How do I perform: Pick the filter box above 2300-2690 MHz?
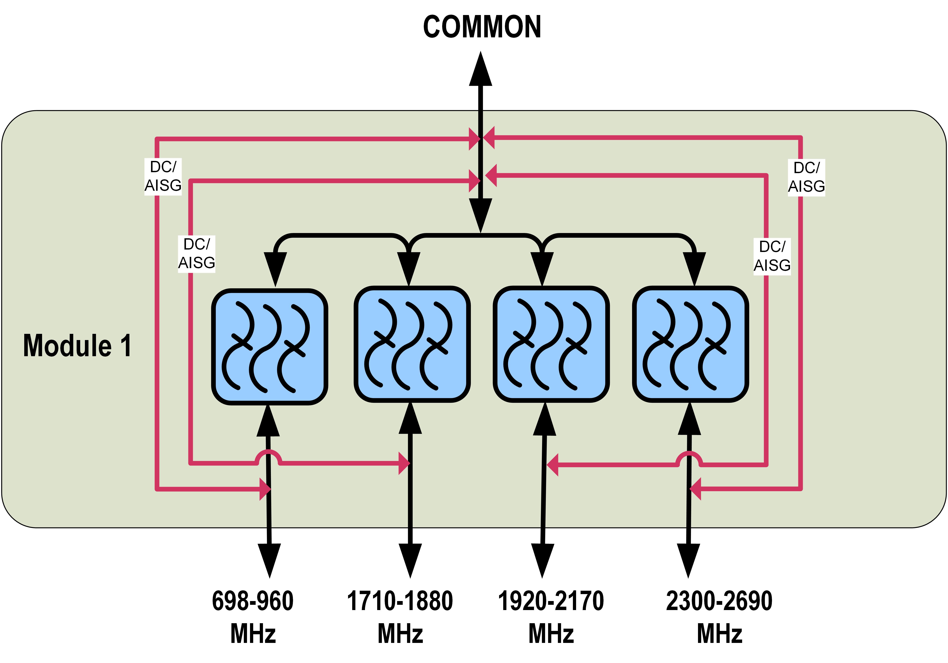[x=690, y=344]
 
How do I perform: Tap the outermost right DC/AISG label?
[x=806, y=177]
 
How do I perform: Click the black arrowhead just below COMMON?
[x=481, y=69]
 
